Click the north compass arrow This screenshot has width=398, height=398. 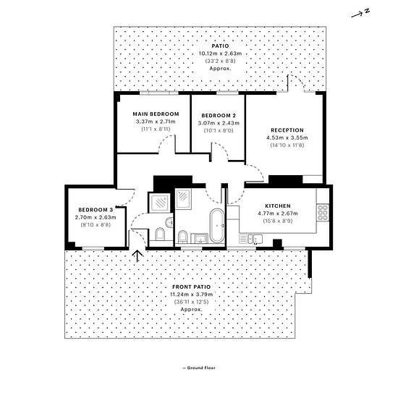pyautogui.click(x=358, y=15)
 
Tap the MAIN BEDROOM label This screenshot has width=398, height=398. pyautogui.click(x=156, y=114)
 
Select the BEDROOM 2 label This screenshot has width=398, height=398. pyautogui.click(x=219, y=116)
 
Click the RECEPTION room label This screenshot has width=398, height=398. pyautogui.click(x=287, y=130)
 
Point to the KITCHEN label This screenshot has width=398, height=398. pyautogui.click(x=278, y=206)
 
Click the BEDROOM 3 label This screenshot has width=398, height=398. pyautogui.click(x=96, y=210)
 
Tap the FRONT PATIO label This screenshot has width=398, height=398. pyautogui.click(x=191, y=287)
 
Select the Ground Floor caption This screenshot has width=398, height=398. pyautogui.click(x=199, y=368)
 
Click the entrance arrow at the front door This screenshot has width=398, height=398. pyautogui.click(x=137, y=256)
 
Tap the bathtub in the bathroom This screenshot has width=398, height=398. pyautogui.click(x=217, y=225)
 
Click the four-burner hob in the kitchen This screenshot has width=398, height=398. pyautogui.click(x=323, y=213)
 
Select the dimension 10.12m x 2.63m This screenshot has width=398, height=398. pyautogui.click(x=220, y=54)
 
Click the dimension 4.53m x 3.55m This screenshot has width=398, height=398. pyautogui.click(x=287, y=137)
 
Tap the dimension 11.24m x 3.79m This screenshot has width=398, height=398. pyautogui.click(x=191, y=295)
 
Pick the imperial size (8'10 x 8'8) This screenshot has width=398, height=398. pyautogui.click(x=96, y=224)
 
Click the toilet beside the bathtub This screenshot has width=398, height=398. pyautogui.click(x=182, y=237)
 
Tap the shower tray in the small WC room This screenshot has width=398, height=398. pyautogui.click(x=159, y=203)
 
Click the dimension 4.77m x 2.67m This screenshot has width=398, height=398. pyautogui.click(x=278, y=213)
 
